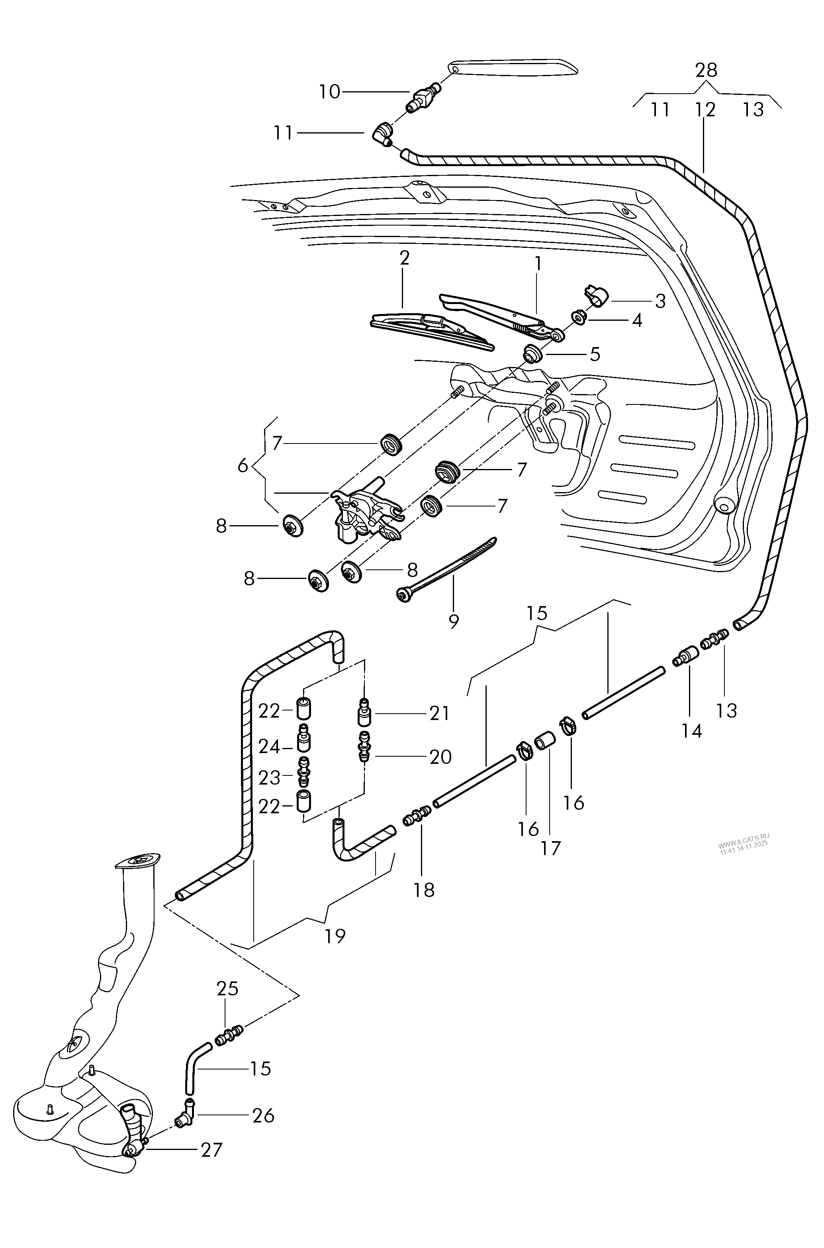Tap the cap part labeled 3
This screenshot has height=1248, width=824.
pyautogui.click(x=596, y=295)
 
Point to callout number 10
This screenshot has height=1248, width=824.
pyautogui.click(x=329, y=92)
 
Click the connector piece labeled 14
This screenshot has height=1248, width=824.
pyautogui.click(x=685, y=657)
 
